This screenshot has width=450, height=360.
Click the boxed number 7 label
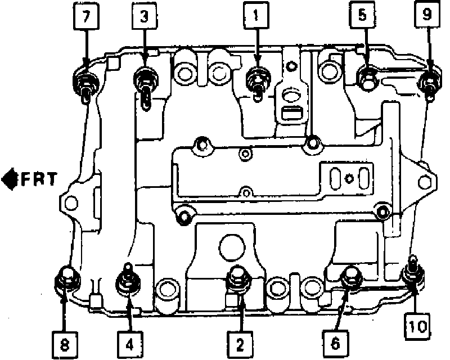pos(87,17)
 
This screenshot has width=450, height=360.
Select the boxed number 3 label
pos(145,17)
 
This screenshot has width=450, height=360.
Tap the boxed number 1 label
pos(256,17)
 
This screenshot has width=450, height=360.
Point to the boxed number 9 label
pos(426,17)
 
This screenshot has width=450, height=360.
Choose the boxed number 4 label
pos(130,341)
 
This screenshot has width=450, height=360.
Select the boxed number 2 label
pos(240,341)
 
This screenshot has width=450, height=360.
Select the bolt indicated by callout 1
pos(258,79)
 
